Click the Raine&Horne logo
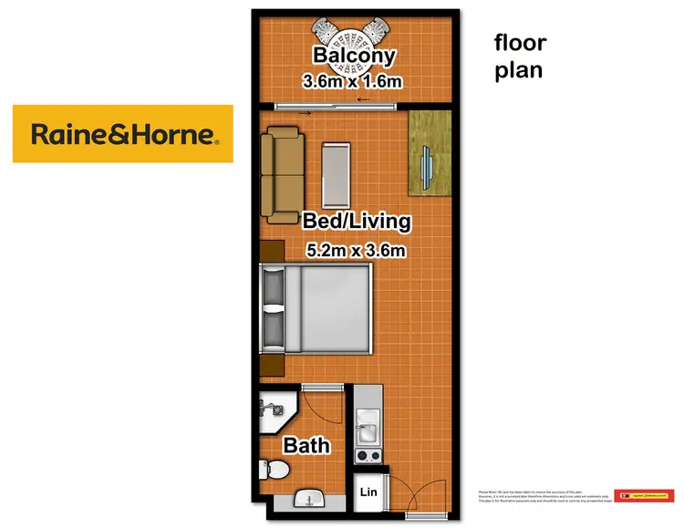point(123,134)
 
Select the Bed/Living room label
point(357,221)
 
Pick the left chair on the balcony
point(324,33)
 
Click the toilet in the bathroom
point(276,471)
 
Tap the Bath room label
point(306,447)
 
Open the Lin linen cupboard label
point(368,492)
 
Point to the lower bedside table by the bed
point(270,364)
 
